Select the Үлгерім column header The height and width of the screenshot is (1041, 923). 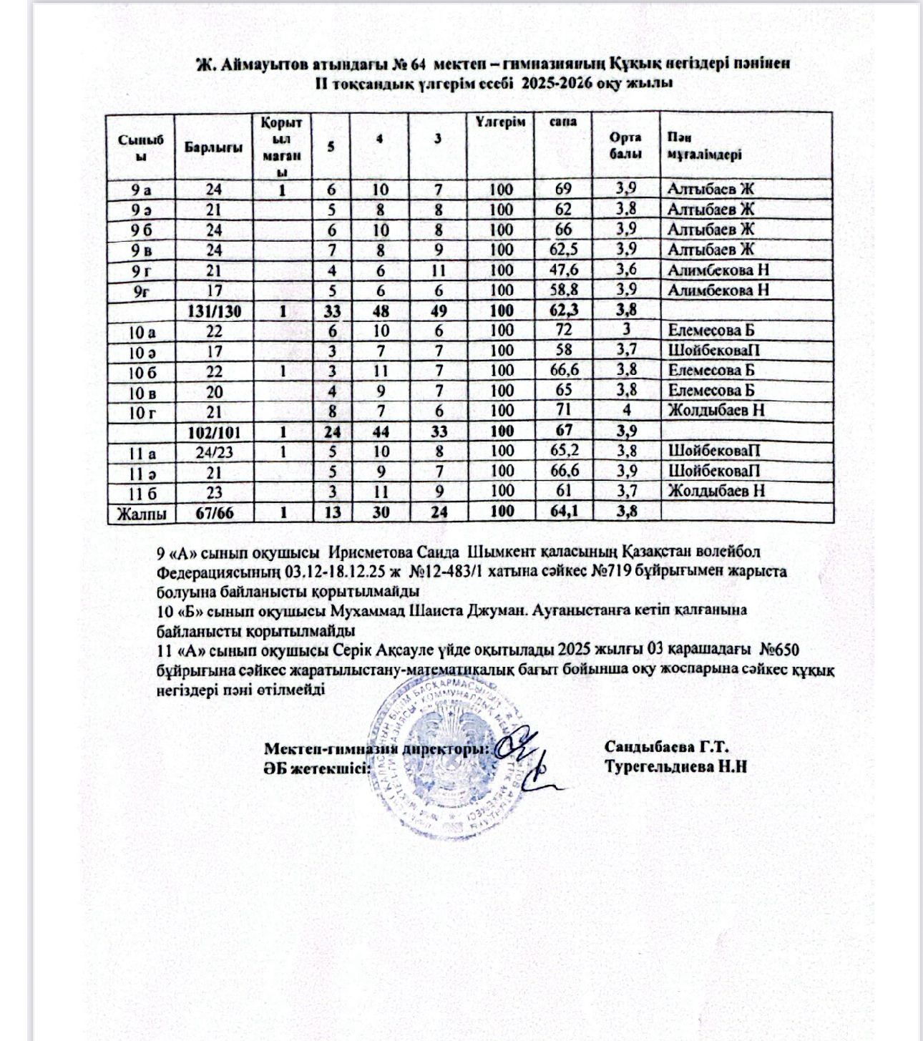point(501,122)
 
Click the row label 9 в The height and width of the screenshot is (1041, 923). point(140,250)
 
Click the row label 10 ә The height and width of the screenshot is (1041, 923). point(140,351)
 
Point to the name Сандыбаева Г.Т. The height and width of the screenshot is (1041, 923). point(666,747)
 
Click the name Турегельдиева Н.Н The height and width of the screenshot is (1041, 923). point(675,766)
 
